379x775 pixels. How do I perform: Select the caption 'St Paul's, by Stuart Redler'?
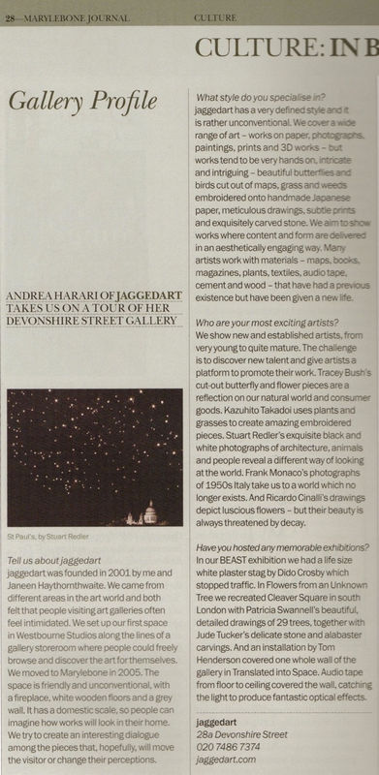(51, 535)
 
